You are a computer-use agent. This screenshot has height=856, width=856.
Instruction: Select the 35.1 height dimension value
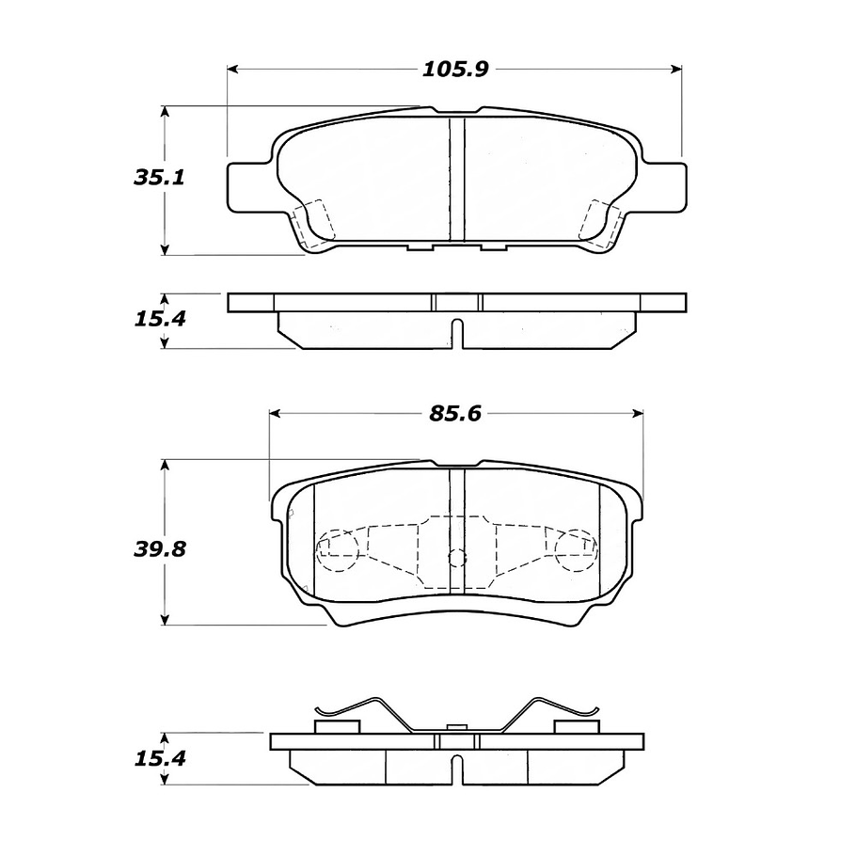coord(151,178)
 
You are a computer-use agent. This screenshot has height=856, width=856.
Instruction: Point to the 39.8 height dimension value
coord(152,548)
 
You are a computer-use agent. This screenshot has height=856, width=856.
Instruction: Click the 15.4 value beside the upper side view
coord(151,318)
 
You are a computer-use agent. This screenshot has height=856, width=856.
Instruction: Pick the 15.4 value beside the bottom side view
coord(151,759)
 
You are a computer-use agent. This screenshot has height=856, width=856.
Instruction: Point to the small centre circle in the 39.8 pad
coord(457,558)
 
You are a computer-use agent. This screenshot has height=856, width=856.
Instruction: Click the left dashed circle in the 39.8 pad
coord(338,550)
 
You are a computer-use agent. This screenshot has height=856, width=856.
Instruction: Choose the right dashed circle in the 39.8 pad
coord(575,550)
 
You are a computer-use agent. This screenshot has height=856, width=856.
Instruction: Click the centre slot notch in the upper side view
coord(457,333)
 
